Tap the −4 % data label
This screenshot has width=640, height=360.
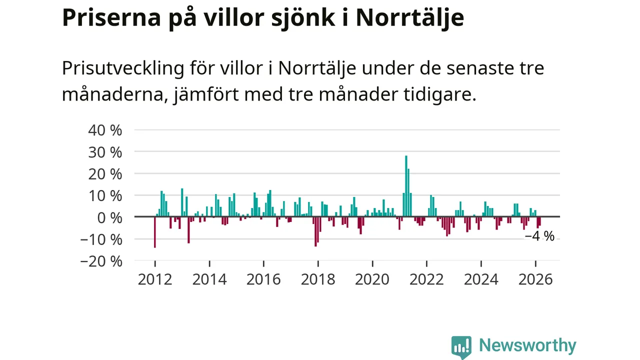[x=539, y=236]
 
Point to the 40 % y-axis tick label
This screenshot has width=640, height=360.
[x=104, y=130]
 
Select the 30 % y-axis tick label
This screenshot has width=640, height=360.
[x=104, y=152]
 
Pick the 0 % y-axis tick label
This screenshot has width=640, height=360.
[x=108, y=217]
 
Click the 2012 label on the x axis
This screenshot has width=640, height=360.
[x=154, y=278]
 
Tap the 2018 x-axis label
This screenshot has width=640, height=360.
[x=317, y=278]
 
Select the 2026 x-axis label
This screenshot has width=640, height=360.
[x=535, y=278]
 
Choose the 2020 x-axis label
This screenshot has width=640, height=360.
[x=372, y=278]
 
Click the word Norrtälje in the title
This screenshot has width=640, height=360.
[x=409, y=18]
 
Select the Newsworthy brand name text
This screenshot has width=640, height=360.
[x=527, y=345]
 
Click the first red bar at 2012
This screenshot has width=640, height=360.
[x=155, y=232]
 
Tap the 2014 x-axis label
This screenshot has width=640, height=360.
[x=209, y=278]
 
